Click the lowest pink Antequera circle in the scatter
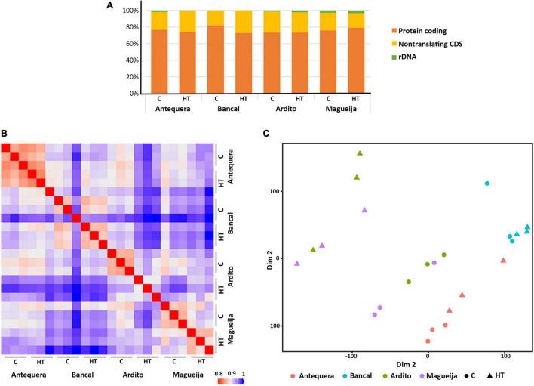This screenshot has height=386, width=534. point(428,341)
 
